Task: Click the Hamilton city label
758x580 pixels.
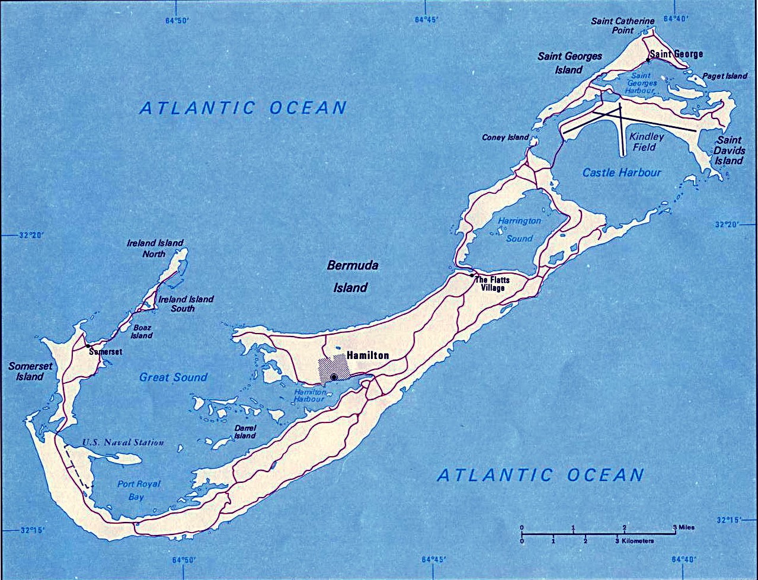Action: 367,355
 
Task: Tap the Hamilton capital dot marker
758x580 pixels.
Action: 334,377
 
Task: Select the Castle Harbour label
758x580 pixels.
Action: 621,172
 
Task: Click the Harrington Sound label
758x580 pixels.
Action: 519,229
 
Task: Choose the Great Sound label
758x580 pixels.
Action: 173,377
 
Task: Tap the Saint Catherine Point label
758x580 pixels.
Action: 622,25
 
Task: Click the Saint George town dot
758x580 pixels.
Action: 648,60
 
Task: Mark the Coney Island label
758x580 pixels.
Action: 505,137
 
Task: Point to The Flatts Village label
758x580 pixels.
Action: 492,283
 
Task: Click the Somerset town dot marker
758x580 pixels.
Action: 88,345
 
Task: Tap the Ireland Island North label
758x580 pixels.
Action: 155,248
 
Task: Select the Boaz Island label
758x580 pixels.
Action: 141,331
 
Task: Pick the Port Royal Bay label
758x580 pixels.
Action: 138,490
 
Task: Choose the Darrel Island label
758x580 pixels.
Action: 244,431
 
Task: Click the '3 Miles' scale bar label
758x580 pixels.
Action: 683,527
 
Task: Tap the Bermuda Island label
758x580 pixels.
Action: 352,276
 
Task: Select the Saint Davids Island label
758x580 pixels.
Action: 728,150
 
